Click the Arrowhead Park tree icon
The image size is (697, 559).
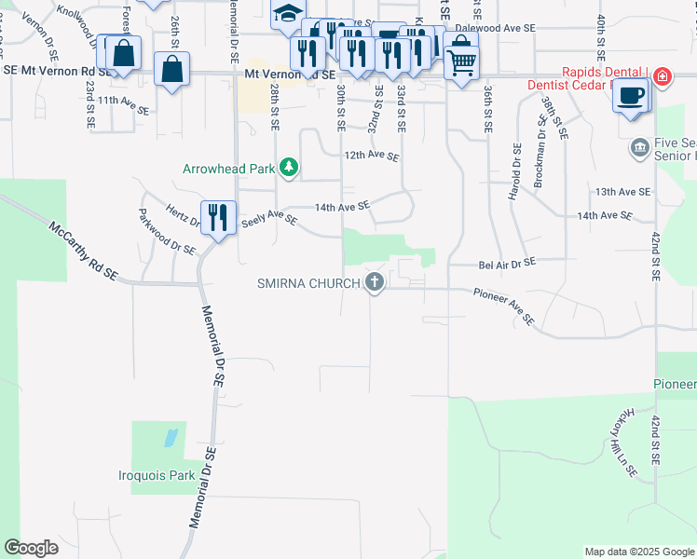(x=290, y=168)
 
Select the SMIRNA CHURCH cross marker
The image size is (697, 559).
(x=375, y=281)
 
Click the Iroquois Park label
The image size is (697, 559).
(x=157, y=475)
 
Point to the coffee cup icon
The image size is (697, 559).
(x=631, y=95)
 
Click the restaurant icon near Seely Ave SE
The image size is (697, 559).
(x=218, y=218)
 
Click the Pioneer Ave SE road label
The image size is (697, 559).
(x=503, y=307)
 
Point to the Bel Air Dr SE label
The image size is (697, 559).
(x=507, y=264)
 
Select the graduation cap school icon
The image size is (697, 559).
(x=288, y=14)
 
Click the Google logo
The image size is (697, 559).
(x=31, y=548)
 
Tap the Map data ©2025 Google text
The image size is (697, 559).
(x=638, y=552)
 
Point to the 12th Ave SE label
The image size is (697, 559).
(x=372, y=157)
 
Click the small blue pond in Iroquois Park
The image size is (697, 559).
(x=170, y=437)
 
